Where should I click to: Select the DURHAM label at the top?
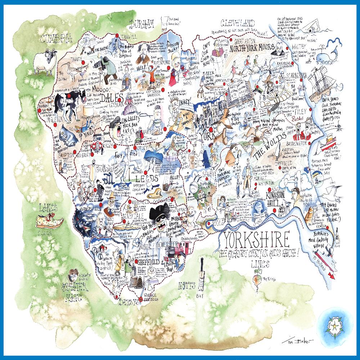pyautogui.click(x=143, y=24)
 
